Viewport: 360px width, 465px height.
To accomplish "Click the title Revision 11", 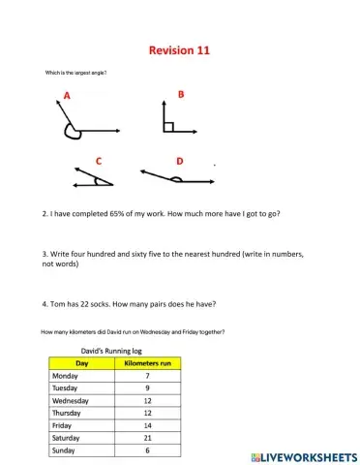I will pos(179,49).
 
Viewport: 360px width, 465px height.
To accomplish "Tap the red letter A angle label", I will pos(67,95).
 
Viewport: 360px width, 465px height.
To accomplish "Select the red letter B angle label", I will pos(180,94).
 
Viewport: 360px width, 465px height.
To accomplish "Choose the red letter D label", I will pos(180,160).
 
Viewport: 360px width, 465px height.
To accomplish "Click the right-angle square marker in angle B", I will pos(168,126).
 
